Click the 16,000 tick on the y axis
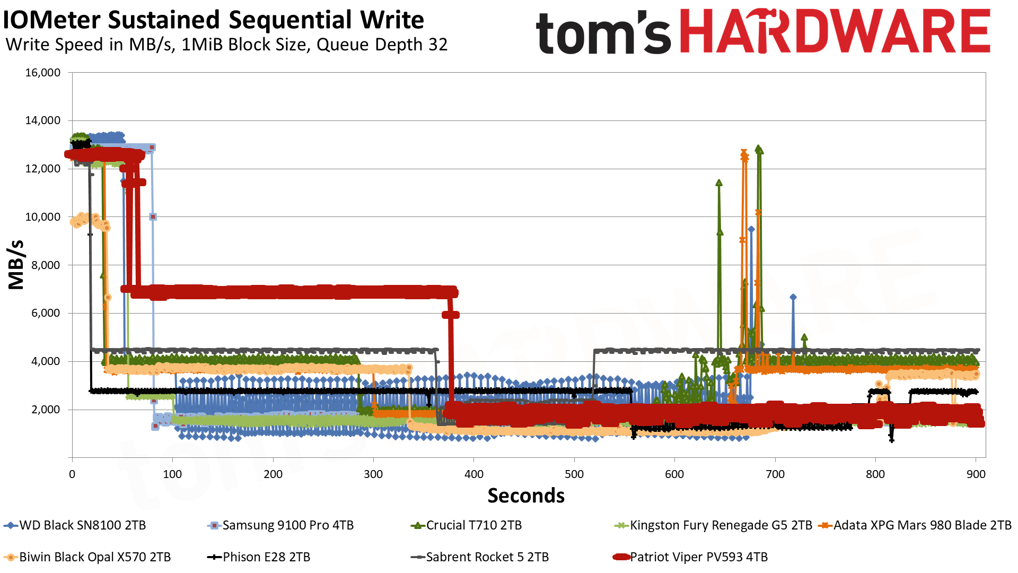(43, 73)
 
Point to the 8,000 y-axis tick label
(46, 265)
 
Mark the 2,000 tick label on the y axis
(46, 410)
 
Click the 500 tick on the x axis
(574, 474)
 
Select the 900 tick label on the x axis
(976, 474)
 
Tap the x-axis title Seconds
(526, 496)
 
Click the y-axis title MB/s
(16, 265)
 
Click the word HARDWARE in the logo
(835, 32)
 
